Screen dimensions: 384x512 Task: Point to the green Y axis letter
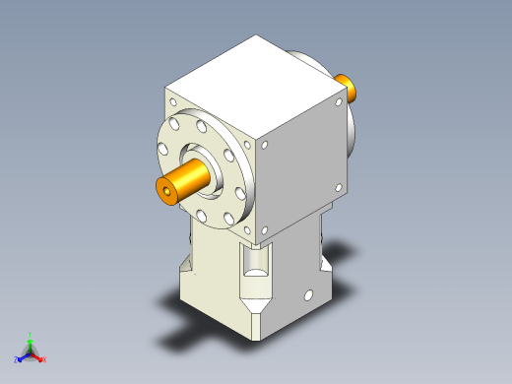coord(30,334)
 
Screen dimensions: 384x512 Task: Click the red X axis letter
coord(44,359)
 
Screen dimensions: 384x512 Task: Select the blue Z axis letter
coord(17,360)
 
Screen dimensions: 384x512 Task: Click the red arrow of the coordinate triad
coord(37,354)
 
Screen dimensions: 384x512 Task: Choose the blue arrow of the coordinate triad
coord(24,355)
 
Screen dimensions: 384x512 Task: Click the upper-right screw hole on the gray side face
coord(340,99)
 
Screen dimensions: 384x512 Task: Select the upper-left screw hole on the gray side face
coord(265,145)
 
